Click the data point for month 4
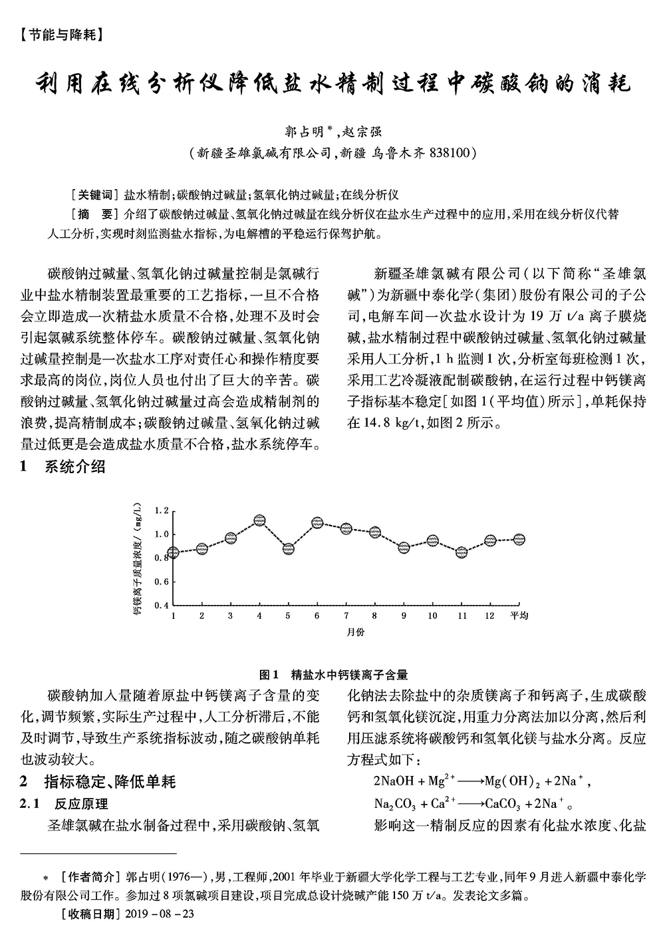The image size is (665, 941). click(260, 520)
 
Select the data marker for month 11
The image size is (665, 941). click(462, 552)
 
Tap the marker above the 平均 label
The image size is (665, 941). click(519, 540)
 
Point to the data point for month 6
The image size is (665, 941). click(317, 523)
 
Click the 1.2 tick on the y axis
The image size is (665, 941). click(162, 510)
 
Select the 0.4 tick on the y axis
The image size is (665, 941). click(162, 606)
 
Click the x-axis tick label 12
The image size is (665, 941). click(489, 616)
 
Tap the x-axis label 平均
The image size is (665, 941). click(519, 616)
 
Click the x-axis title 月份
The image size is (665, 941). click(356, 632)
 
